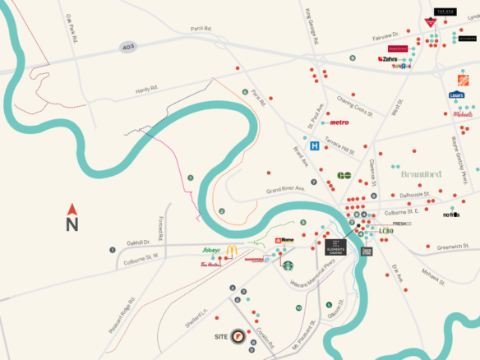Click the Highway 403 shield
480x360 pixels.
[x=127, y=47]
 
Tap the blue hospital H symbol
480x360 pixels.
[x=314, y=146]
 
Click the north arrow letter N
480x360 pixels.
[x=72, y=223]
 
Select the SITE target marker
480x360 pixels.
[x=238, y=336]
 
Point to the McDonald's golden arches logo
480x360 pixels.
[x=232, y=251]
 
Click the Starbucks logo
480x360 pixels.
[x=288, y=265]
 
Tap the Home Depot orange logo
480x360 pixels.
[x=463, y=80]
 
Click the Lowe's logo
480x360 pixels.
[x=456, y=96]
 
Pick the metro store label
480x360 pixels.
[x=338, y=122]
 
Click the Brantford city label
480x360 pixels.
[x=421, y=174]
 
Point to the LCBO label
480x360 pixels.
[x=387, y=232]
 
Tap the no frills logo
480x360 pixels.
[x=450, y=215]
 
